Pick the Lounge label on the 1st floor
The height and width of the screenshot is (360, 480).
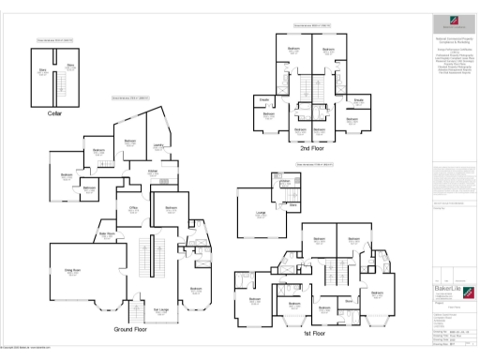coord(260,213)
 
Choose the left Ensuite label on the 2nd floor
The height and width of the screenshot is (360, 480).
coord(265,98)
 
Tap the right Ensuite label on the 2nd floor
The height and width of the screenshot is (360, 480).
coord(358,98)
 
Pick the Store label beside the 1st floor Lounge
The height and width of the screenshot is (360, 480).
coord(292,203)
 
